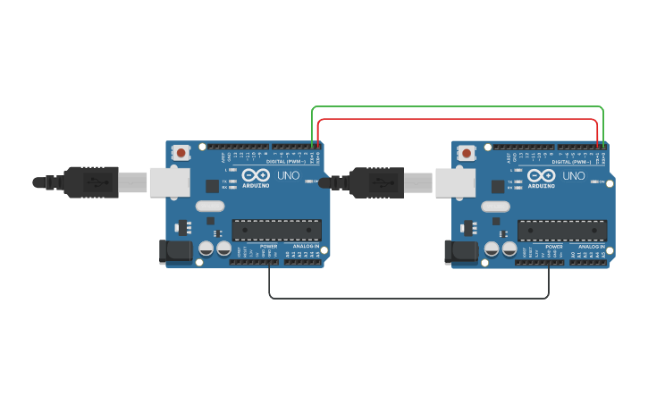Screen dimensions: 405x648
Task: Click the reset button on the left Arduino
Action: [181, 153]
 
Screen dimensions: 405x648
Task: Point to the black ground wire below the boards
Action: [408, 298]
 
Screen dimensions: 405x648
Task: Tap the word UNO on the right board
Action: [574, 175]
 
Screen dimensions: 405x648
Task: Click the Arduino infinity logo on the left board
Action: [255, 175]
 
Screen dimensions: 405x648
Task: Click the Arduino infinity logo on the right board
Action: [541, 175]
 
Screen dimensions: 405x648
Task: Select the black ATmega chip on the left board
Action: [276, 230]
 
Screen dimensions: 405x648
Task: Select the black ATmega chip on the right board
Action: [562, 230]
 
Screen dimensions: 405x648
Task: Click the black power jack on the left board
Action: [175, 251]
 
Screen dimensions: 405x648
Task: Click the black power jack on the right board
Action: [461, 251]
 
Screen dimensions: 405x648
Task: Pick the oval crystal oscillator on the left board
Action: [209, 207]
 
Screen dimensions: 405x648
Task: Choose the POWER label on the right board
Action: [554, 246]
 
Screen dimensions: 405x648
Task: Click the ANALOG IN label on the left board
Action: [305, 246]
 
